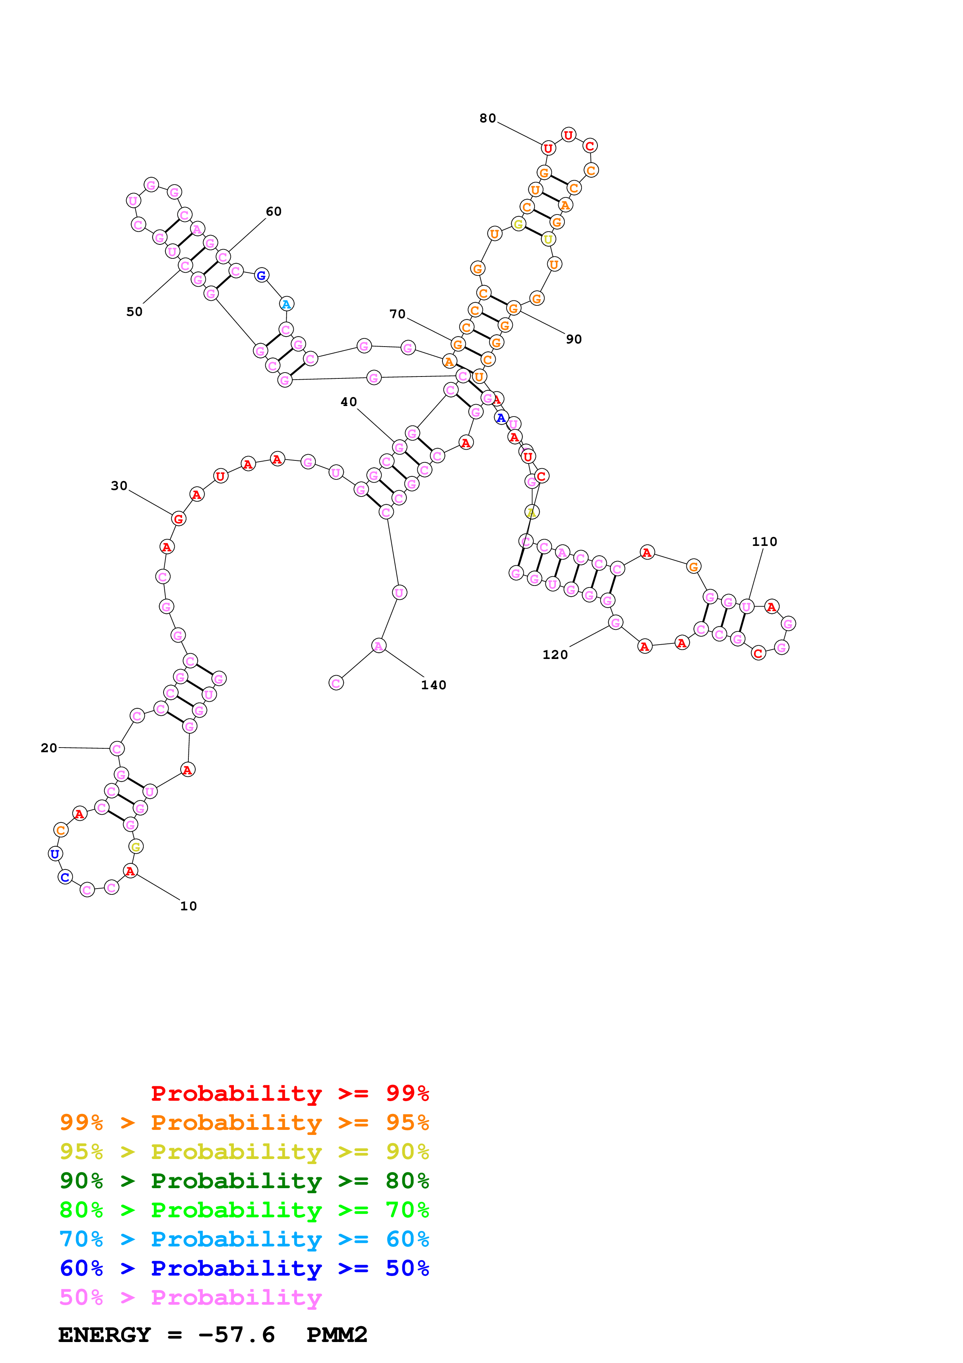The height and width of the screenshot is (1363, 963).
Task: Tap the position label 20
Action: [x=49, y=748]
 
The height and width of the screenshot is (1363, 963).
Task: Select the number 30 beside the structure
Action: [x=119, y=486]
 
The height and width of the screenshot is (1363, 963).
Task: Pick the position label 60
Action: [x=273, y=211]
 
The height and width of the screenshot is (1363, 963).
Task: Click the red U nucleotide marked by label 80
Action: [x=548, y=148]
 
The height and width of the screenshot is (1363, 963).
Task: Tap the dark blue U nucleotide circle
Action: [x=55, y=854]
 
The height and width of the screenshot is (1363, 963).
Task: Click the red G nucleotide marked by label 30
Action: [x=178, y=519]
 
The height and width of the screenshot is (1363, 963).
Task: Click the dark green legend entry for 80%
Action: [x=244, y=1181]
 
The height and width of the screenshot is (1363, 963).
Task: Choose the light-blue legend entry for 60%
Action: [x=244, y=1239]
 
